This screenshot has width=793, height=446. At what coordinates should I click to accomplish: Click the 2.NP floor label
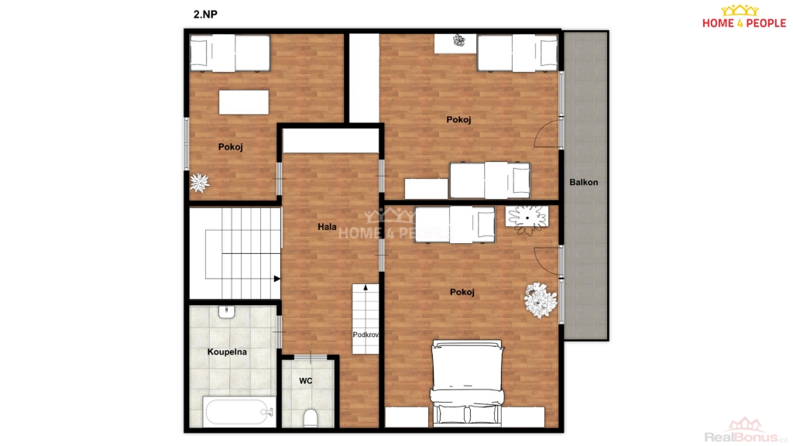tap(205, 14)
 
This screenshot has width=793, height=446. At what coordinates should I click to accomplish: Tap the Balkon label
tap(584, 182)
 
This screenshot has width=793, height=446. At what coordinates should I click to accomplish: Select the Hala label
tap(327, 227)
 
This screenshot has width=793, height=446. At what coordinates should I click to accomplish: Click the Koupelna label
tap(227, 352)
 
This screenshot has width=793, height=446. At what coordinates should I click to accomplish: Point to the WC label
tap(305, 381)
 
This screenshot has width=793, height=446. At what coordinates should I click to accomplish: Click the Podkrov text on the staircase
tap(366, 334)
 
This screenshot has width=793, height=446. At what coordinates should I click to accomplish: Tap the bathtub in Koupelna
tap(239, 412)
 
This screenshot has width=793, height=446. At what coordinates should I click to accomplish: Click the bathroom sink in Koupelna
tap(227, 311)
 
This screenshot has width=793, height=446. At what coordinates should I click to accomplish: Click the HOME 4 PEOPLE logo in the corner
tap(744, 17)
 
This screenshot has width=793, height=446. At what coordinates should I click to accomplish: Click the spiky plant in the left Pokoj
tap(199, 183)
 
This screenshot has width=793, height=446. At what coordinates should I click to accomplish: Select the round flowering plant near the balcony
tap(541, 300)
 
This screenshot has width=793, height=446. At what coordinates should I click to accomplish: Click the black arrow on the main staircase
tap(276, 279)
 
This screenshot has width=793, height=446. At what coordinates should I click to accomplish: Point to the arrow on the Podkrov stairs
tap(366, 287)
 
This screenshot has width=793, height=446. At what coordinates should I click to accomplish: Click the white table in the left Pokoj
tap(244, 102)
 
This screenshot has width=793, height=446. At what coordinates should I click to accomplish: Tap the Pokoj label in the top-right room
tap(458, 119)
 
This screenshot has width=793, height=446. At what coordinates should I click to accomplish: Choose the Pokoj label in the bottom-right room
tap(462, 292)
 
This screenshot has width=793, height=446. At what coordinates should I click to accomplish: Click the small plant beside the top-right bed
tap(458, 40)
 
